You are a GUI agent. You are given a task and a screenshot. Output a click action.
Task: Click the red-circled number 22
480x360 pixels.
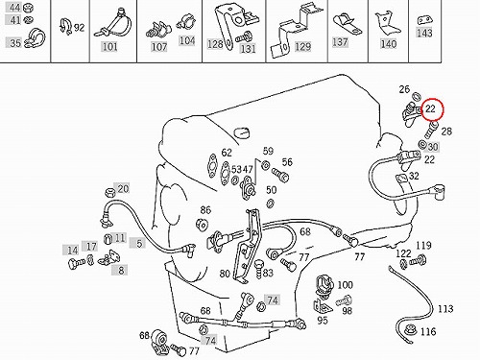pyautogui.click(x=431, y=109)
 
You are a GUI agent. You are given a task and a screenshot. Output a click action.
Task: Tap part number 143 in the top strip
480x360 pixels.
pyautogui.click(x=424, y=33)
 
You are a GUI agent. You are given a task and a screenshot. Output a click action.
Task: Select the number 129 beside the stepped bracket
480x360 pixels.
pyautogui.click(x=302, y=46)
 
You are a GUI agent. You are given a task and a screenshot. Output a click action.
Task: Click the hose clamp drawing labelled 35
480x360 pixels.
pyautogui.click(x=36, y=39)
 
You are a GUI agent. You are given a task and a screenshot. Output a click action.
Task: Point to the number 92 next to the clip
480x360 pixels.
pyautogui.click(x=79, y=28)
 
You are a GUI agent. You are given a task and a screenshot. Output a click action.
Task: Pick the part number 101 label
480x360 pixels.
pyautogui.click(x=109, y=47)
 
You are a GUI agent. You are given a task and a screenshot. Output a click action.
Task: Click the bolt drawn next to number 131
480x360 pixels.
pyautogui.click(x=244, y=37)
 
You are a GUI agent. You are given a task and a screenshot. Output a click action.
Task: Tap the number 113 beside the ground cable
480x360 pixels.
pyautogui.click(x=445, y=309)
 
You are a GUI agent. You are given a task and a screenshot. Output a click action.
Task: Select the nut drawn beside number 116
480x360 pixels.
pyautogui.click(x=410, y=329)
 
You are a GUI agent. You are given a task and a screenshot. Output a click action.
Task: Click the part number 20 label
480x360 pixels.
pyautogui.click(x=123, y=189)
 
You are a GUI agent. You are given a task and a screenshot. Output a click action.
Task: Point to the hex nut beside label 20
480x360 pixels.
pyautogui.click(x=110, y=192)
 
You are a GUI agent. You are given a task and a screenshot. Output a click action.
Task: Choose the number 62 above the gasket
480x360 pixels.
pyautogui.click(x=227, y=153)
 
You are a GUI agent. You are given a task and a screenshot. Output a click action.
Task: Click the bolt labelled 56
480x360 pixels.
pyautogui.click(x=280, y=175)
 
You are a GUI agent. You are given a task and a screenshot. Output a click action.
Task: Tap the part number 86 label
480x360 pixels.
pyautogui.click(x=205, y=210)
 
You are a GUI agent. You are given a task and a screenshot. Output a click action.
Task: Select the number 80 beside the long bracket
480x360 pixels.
pyautogui.click(x=225, y=274)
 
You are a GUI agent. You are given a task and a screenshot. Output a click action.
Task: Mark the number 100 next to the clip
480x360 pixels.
pyautogui.click(x=346, y=285)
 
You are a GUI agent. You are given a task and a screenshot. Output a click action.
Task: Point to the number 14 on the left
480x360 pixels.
pyautogui.click(x=72, y=251)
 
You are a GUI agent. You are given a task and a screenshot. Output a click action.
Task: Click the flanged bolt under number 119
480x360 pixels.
pyautogui.click(x=419, y=260)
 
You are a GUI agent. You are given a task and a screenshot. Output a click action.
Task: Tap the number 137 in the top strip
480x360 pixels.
pyautogui.click(x=340, y=42)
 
